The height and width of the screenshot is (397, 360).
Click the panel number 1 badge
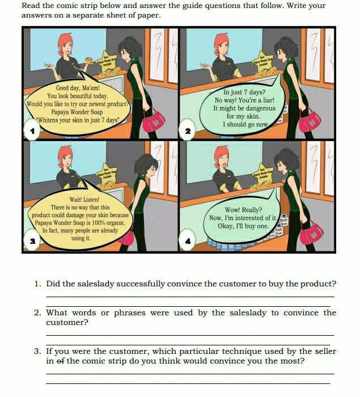(x=32, y=132)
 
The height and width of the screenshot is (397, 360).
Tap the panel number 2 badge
(x=188, y=132)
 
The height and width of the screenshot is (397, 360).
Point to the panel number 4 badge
(x=188, y=241)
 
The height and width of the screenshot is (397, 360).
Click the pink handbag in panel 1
(x=154, y=119)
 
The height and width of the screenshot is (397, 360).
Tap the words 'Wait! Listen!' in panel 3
(x=84, y=200)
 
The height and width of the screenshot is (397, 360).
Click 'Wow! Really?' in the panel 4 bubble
(x=243, y=209)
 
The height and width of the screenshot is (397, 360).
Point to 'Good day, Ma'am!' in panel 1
(x=78, y=88)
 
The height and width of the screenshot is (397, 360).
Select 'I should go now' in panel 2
(x=245, y=124)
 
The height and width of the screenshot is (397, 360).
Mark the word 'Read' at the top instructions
(x=31, y=6)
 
